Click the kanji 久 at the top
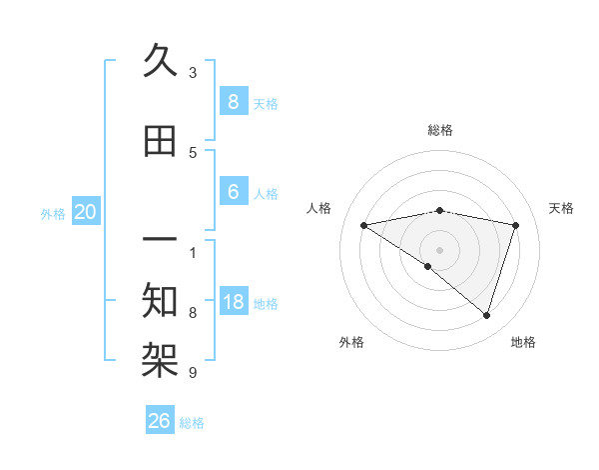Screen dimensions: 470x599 click(160, 62)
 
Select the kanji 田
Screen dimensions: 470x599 click(160, 141)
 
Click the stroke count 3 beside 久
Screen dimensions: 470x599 click(193, 73)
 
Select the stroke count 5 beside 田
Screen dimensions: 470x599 click(193, 153)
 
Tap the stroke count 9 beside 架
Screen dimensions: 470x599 click(193, 373)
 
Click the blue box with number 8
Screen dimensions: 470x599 click(233, 101)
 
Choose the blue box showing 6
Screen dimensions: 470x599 click(233, 192)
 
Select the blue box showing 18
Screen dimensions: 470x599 click(233, 302)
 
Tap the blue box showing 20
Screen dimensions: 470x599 click(86, 212)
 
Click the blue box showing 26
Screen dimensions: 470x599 click(160, 421)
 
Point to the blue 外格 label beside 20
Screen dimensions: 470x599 click(53, 213)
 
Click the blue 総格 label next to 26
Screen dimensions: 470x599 click(193, 423)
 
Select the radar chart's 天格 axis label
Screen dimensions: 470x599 click(562, 208)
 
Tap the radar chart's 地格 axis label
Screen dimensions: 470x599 click(523, 342)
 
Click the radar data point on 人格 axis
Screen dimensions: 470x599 click(363, 225)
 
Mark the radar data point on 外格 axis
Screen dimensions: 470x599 click(428, 267)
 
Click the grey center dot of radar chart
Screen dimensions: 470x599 click(439, 248)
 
